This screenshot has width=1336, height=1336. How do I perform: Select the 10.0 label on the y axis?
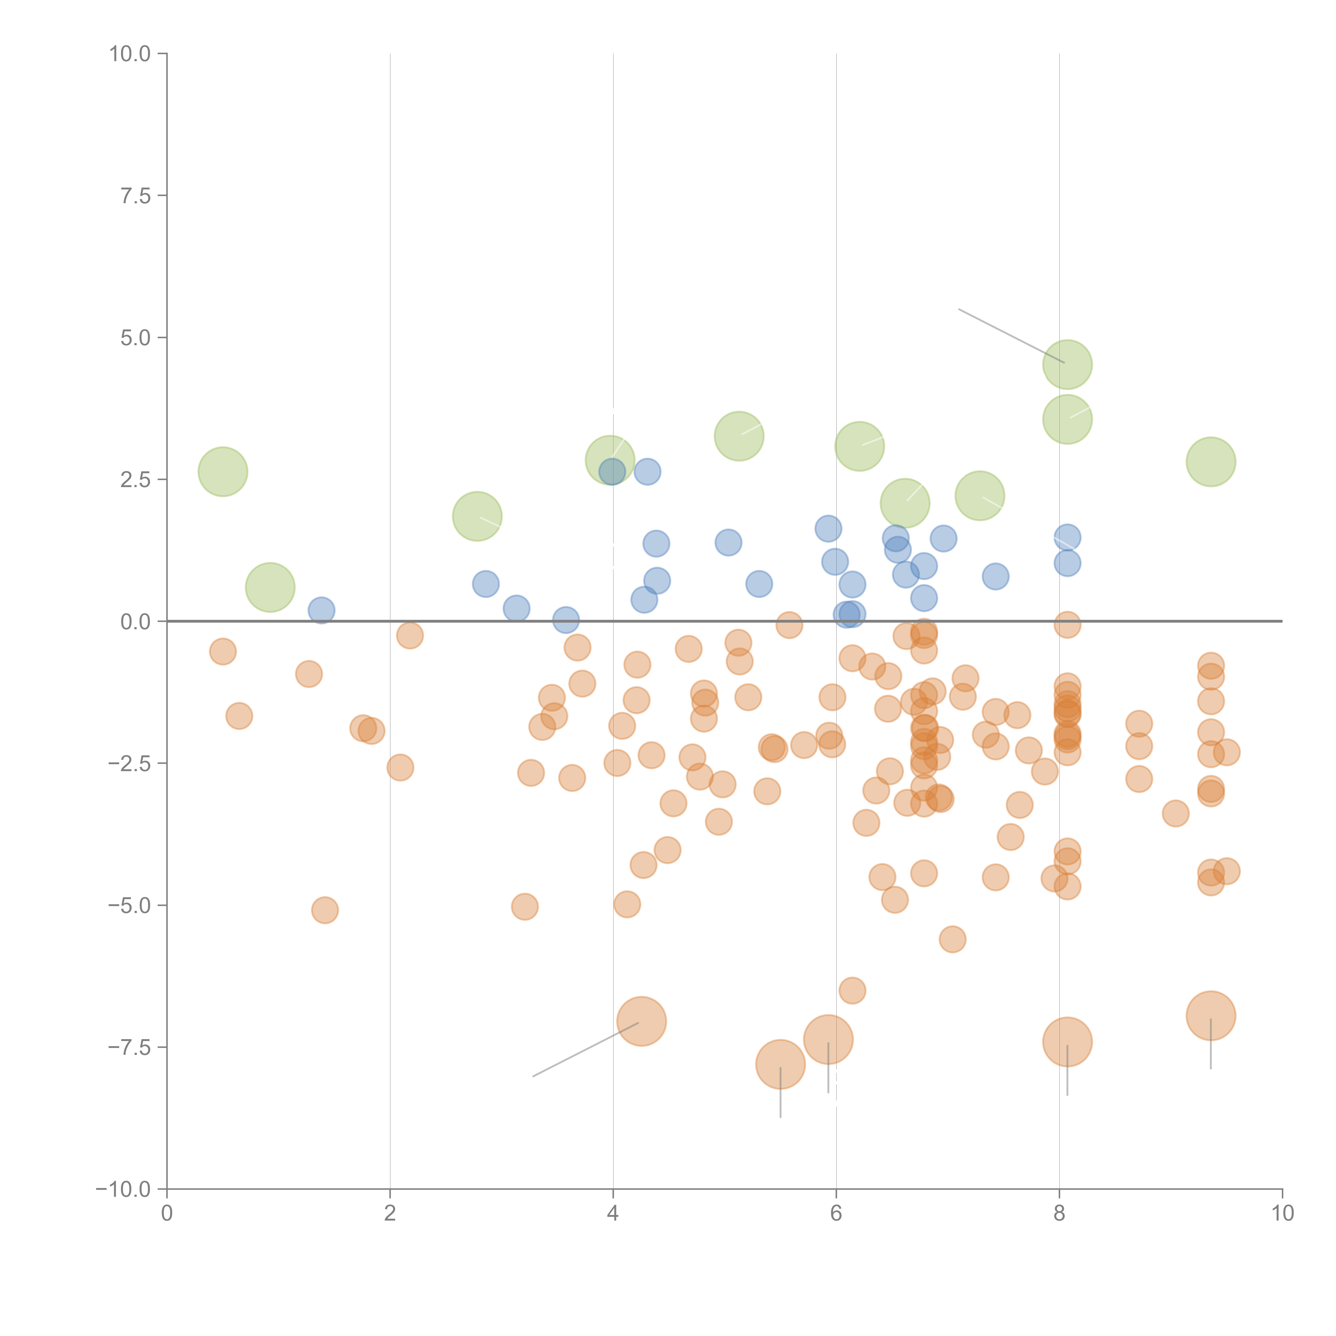130,54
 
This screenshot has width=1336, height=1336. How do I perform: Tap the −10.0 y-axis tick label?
123,1189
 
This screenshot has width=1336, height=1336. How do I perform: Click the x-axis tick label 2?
390,1214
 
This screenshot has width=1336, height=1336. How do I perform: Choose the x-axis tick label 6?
836,1214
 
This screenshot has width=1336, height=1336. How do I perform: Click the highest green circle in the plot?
1067,364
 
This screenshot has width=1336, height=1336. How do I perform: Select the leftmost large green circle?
223,472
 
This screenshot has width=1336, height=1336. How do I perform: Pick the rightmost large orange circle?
1210,1015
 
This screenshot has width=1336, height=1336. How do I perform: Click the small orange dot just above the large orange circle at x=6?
852,990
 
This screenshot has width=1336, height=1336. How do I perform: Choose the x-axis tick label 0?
167,1214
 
